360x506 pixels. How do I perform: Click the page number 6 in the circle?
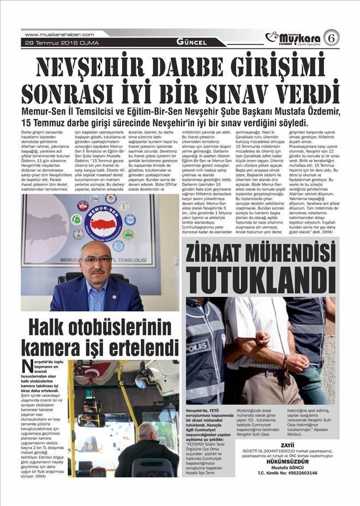click(331, 38)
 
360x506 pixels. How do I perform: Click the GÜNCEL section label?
click(191, 42)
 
